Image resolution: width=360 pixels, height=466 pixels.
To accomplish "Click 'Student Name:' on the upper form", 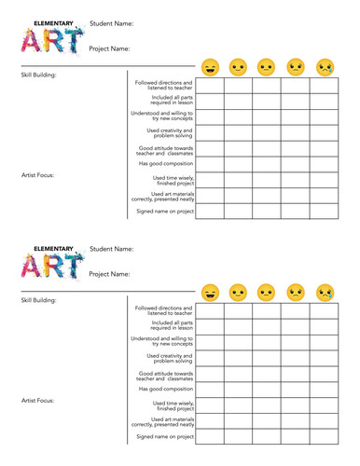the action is [111, 23].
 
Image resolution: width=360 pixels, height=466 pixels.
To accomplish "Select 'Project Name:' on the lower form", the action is [111, 274].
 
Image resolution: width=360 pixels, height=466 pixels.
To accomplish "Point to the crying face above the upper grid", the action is [325, 67].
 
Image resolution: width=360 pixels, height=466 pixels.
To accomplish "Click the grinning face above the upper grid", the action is [210, 67].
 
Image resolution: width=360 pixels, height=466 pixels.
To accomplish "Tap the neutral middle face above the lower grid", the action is [267, 293].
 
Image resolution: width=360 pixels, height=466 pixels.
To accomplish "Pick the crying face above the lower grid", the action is [325, 293].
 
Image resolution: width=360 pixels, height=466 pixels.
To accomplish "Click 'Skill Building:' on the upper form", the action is [39, 75].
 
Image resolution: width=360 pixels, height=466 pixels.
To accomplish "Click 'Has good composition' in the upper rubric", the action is [165, 163].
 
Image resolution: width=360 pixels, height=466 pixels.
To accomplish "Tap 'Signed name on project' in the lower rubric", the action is [165, 436].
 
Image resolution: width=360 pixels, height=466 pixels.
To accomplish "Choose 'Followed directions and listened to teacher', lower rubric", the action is [164, 310].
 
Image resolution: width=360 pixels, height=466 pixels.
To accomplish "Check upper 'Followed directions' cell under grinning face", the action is [210, 86].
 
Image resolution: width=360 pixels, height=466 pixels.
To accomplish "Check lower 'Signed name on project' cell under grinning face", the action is [210, 436].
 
